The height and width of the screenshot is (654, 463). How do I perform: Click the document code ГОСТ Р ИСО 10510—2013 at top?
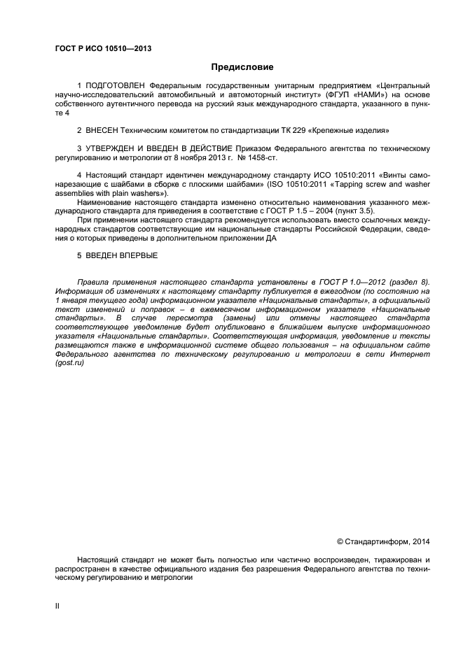[103, 48]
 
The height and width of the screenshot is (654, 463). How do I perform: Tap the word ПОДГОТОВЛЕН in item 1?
[117, 85]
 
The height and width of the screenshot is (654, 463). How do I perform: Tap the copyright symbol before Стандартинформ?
[340, 541]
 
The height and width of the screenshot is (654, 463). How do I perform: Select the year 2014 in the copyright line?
[420, 541]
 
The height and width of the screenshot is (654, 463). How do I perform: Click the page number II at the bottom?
[57, 606]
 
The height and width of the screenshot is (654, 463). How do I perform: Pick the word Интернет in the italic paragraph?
[412, 355]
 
